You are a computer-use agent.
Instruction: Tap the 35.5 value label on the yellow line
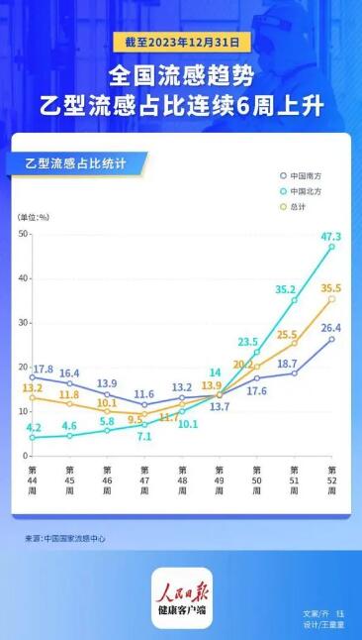pyautogui.click(x=331, y=286)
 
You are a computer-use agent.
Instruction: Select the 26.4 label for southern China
pyautogui.click(x=331, y=328)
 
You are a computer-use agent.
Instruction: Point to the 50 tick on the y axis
pyautogui.click(x=22, y=233)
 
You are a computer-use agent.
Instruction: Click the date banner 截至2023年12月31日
pyautogui.click(x=181, y=43)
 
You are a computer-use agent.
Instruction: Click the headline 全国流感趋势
pyautogui.click(x=181, y=75)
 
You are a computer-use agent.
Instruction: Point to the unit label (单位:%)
pyautogui.click(x=33, y=215)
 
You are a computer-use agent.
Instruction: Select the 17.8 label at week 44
pyautogui.click(x=43, y=370)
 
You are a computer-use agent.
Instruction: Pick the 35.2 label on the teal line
pyautogui.click(x=286, y=290)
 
